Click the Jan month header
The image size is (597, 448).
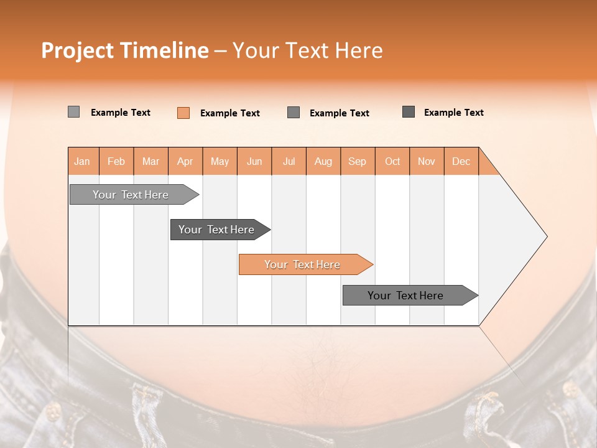82,161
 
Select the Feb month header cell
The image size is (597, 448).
116,161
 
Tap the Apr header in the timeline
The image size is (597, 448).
185,161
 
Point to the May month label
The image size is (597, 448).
220,161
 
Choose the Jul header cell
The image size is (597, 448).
289,161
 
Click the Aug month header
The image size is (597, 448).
323,161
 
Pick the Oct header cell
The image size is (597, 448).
392,161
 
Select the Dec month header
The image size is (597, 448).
461,161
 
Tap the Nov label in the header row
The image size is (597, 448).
427,161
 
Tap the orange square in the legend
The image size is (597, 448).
183,113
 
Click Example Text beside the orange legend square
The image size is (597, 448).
230,113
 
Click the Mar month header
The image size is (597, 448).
150,161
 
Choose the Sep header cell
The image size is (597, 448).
358,161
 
